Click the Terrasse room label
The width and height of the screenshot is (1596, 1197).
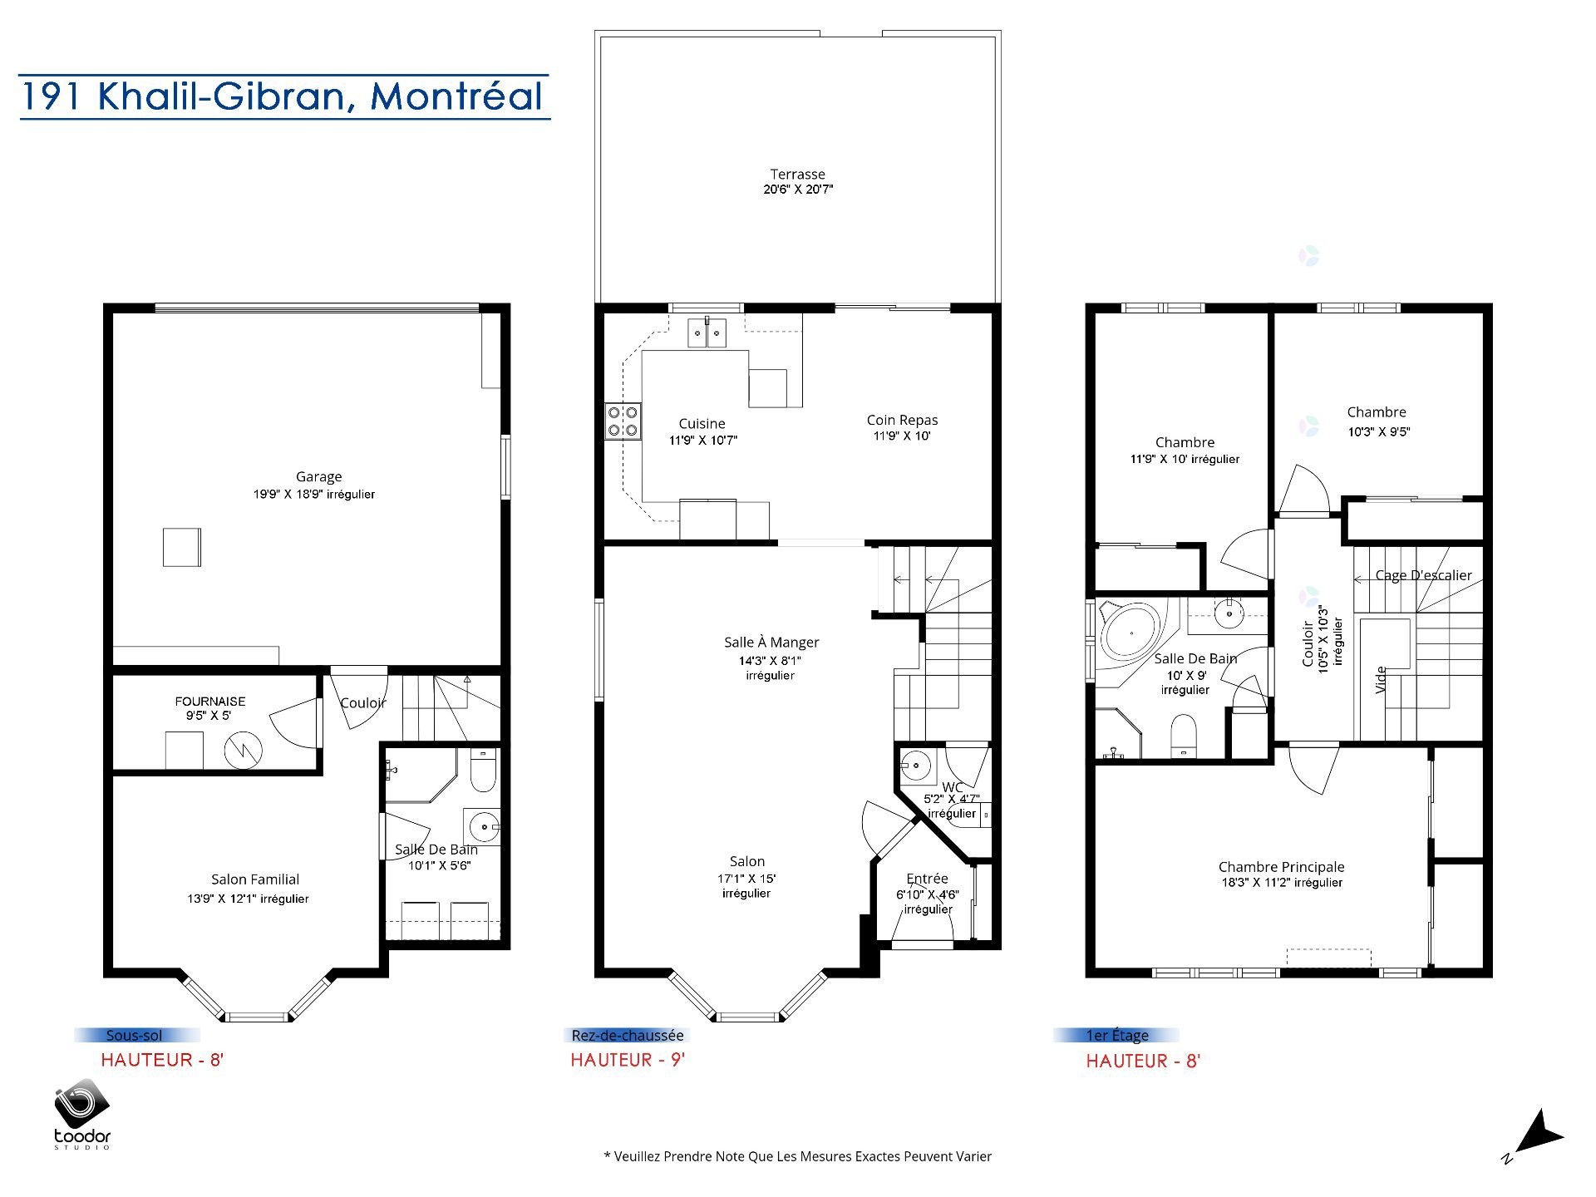coord(797,175)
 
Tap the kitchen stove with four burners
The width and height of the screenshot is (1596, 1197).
coord(623,421)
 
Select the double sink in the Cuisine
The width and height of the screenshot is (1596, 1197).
coord(707,332)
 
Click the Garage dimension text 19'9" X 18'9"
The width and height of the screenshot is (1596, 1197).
coord(314,495)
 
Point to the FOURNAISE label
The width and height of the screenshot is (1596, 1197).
coord(209,702)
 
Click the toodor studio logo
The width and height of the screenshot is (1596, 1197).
coord(82,1115)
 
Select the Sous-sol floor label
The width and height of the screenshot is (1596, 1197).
coord(135,1036)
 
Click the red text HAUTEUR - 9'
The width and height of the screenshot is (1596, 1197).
coord(628,1060)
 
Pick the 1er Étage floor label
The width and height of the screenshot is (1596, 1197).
coord(1117,1036)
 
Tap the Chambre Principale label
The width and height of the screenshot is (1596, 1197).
coord(1281,868)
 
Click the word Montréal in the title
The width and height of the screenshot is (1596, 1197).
coord(456,96)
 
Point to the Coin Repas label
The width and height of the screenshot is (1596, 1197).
coord(902,421)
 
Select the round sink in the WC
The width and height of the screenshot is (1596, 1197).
coord(917,765)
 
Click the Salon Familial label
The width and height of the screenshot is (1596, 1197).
coord(255,879)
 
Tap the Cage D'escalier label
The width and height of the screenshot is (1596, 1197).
coord(1423,575)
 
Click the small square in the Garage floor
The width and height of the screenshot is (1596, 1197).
coord(181,547)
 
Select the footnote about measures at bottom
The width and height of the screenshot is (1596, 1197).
coord(797,1156)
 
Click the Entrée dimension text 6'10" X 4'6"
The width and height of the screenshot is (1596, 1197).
coord(928,895)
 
